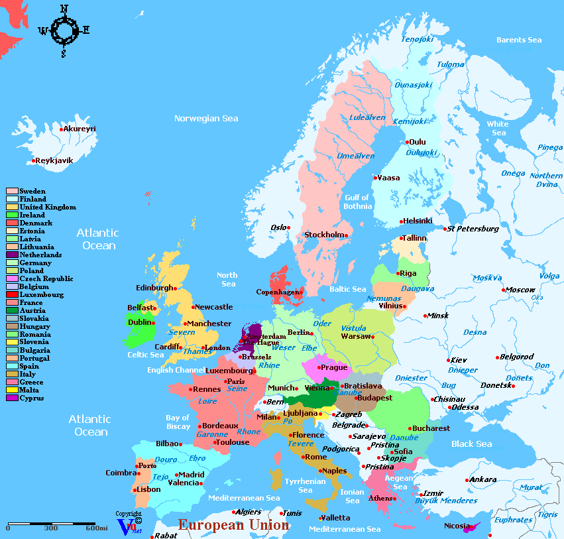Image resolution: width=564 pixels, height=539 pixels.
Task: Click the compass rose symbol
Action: [x=64, y=29]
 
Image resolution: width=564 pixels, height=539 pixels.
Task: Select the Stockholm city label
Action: [x=324, y=235]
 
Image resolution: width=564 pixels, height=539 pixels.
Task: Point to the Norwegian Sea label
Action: [x=206, y=119]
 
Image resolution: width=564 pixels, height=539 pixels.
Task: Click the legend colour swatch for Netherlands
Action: [x=12, y=255]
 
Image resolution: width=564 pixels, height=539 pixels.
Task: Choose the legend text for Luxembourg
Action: [x=42, y=294]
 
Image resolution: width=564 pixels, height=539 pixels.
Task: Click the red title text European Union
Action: [x=233, y=525]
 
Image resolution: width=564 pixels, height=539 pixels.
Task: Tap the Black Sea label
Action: [x=472, y=444]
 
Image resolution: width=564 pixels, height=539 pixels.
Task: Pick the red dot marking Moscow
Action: [x=503, y=290]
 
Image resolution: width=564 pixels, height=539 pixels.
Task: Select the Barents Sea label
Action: [x=519, y=40]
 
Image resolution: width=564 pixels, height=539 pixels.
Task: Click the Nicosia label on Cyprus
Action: [x=457, y=526]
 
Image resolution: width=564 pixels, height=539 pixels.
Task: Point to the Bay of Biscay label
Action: [x=178, y=422]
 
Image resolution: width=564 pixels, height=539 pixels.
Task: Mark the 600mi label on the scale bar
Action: [x=97, y=528]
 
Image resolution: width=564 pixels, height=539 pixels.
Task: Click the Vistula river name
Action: [x=353, y=328]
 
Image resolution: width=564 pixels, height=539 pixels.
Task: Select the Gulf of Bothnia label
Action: [x=357, y=202]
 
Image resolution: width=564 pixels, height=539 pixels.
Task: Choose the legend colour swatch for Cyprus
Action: [x=12, y=398]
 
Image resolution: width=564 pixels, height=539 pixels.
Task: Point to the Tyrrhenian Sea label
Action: [x=305, y=485]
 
